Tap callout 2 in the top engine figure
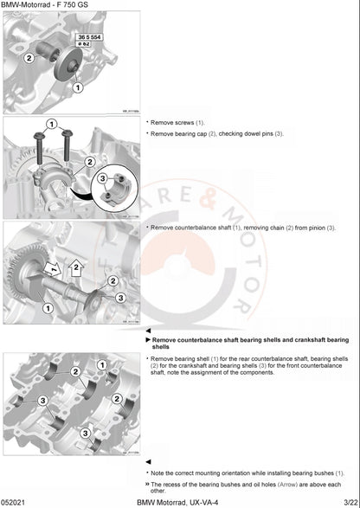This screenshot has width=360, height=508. tap(29, 58)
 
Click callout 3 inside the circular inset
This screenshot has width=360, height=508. tap(103, 179)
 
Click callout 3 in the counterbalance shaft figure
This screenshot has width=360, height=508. tap(119, 297)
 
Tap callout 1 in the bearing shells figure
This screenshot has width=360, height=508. tap(101, 365)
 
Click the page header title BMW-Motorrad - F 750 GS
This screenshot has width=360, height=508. tap(43, 5)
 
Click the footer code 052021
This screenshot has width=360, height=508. tap(12, 501)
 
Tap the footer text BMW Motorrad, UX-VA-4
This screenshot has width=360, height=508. tap(180, 501)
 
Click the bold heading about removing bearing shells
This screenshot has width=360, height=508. tap(250, 344)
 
